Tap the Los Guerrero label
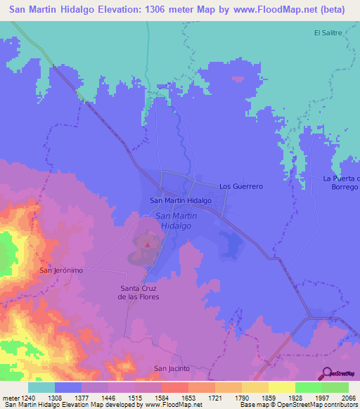click(x=240, y=186)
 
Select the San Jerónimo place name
click(x=61, y=270)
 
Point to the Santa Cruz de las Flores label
click(x=139, y=292)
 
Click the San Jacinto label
click(x=172, y=368)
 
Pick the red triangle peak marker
click(x=148, y=245)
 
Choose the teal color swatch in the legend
click(x=41, y=387)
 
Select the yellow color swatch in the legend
click(x=281, y=387)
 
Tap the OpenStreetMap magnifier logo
click(x=326, y=374)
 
